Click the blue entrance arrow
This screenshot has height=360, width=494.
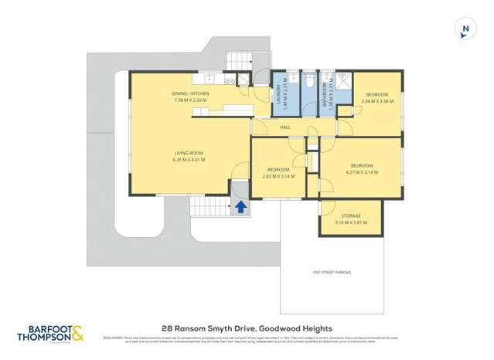pyautogui.click(x=240, y=206)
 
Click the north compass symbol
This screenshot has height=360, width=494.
pyautogui.click(x=465, y=30)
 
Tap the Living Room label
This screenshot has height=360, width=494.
pyautogui.click(x=189, y=154)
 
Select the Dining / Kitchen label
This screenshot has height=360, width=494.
pyautogui.click(x=190, y=93)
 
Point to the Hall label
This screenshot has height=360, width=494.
pyautogui.click(x=284, y=127)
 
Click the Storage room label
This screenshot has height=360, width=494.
pyautogui.click(x=350, y=216)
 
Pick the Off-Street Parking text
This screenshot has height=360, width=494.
pyautogui.click(x=332, y=272)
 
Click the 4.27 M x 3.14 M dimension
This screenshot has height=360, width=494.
pyautogui.click(x=362, y=172)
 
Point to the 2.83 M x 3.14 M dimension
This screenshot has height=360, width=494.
pyautogui.click(x=278, y=176)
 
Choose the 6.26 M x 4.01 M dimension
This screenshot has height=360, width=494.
pyautogui.click(x=189, y=161)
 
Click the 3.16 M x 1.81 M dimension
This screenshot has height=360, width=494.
pyautogui.click(x=350, y=222)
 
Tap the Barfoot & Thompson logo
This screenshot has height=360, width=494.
pyautogui.click(x=51, y=333)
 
